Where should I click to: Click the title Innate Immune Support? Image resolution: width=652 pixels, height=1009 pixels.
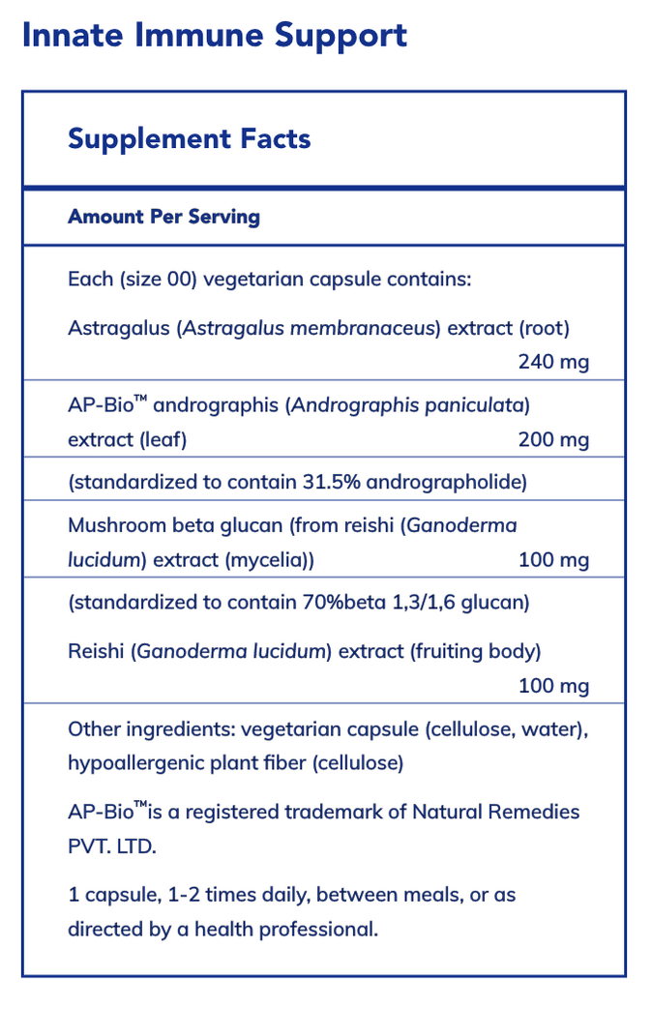coord(214,36)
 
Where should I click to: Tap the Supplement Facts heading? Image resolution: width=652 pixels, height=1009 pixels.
coord(189,138)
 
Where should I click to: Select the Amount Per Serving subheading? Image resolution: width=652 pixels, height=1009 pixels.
coord(163,216)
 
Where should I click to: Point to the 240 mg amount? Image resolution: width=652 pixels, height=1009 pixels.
coord(553,363)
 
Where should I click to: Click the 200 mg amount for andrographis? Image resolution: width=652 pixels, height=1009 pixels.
coord(553,440)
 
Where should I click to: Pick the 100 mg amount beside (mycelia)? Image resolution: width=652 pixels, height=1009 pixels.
coord(553,560)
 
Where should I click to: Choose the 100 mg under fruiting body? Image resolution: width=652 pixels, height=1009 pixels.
coord(553,686)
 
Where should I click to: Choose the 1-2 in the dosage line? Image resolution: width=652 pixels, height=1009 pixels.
coord(183,894)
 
